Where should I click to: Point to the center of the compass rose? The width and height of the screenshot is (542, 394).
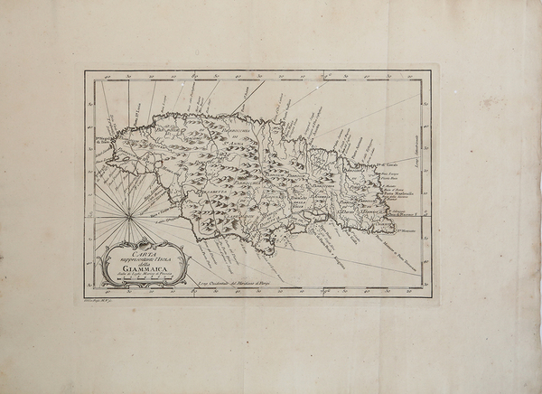[128, 215]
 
